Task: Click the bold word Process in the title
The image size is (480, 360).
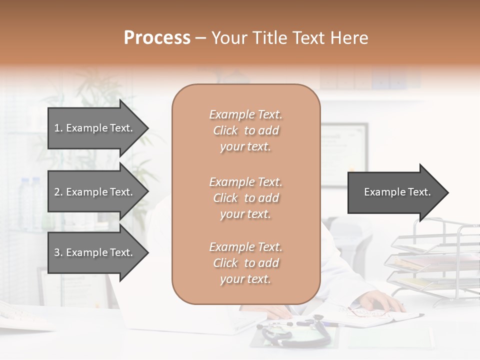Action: [157, 38]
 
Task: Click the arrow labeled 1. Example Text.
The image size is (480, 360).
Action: [95, 128]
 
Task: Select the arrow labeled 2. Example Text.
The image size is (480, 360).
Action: [95, 192]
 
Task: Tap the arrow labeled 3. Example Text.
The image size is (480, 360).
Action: [95, 252]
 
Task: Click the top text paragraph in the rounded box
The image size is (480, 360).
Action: [245, 130]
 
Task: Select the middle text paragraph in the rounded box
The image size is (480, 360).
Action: [245, 198]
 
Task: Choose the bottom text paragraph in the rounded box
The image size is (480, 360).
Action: [245, 263]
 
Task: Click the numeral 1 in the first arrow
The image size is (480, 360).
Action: [57, 128]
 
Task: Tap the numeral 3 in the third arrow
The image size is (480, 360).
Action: [57, 252]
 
